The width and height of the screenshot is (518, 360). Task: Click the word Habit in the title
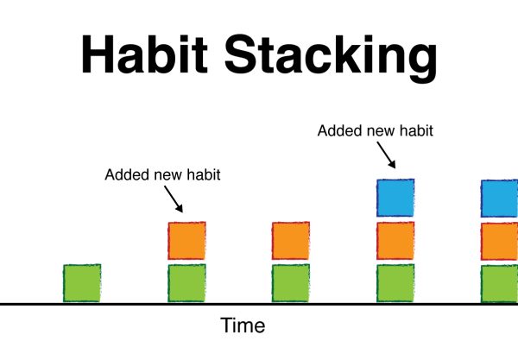point(144,54)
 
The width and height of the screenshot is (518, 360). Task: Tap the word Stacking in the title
point(332,58)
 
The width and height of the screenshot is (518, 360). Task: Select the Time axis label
point(243,325)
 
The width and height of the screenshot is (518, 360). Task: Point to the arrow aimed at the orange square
point(174,199)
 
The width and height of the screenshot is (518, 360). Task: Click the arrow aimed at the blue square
point(386,155)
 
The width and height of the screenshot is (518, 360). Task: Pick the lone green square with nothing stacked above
point(82,283)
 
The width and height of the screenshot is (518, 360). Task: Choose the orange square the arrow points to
point(187,241)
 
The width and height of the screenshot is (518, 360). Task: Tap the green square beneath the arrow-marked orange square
point(187,283)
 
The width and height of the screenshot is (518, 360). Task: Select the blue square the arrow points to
point(395,198)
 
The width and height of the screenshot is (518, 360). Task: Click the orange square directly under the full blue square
point(395,241)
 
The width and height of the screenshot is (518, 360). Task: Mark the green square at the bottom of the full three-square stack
point(395,283)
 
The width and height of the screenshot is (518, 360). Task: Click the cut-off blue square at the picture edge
point(500,199)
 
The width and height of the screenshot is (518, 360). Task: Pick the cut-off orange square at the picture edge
point(500,242)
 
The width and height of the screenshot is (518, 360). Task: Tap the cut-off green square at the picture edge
point(500,284)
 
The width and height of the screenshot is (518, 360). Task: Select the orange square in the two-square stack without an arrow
point(291,241)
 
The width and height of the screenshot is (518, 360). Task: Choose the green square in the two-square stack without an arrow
point(291,283)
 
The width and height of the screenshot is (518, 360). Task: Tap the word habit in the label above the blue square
point(416,130)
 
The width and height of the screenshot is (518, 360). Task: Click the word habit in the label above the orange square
point(204,174)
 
